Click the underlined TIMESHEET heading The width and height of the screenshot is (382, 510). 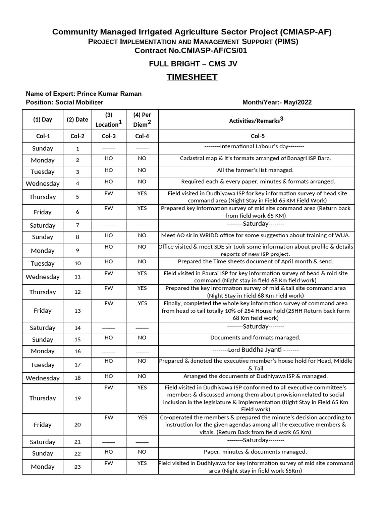tap(192, 77)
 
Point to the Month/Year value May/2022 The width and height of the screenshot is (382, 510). tap(298, 102)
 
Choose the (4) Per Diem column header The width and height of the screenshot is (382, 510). tap(142, 120)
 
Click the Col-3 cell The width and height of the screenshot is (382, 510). tap(109, 136)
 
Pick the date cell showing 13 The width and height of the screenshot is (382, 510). tap(77, 311)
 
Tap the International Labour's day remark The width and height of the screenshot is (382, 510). tap(254, 147)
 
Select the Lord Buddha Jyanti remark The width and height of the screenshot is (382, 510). tap(255, 350)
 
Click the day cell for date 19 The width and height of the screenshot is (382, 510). tap(43, 398)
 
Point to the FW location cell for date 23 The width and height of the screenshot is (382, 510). tap(109, 463)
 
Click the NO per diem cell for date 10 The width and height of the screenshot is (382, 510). tap(142, 261)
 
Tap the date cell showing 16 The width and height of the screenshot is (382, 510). tap(77, 351)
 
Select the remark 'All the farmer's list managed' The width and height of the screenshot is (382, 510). tap(255, 170)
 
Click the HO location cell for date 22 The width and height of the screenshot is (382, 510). tap(109, 452)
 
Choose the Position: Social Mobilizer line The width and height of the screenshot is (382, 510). tap(65, 102)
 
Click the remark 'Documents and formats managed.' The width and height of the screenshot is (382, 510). tap(255, 338)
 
